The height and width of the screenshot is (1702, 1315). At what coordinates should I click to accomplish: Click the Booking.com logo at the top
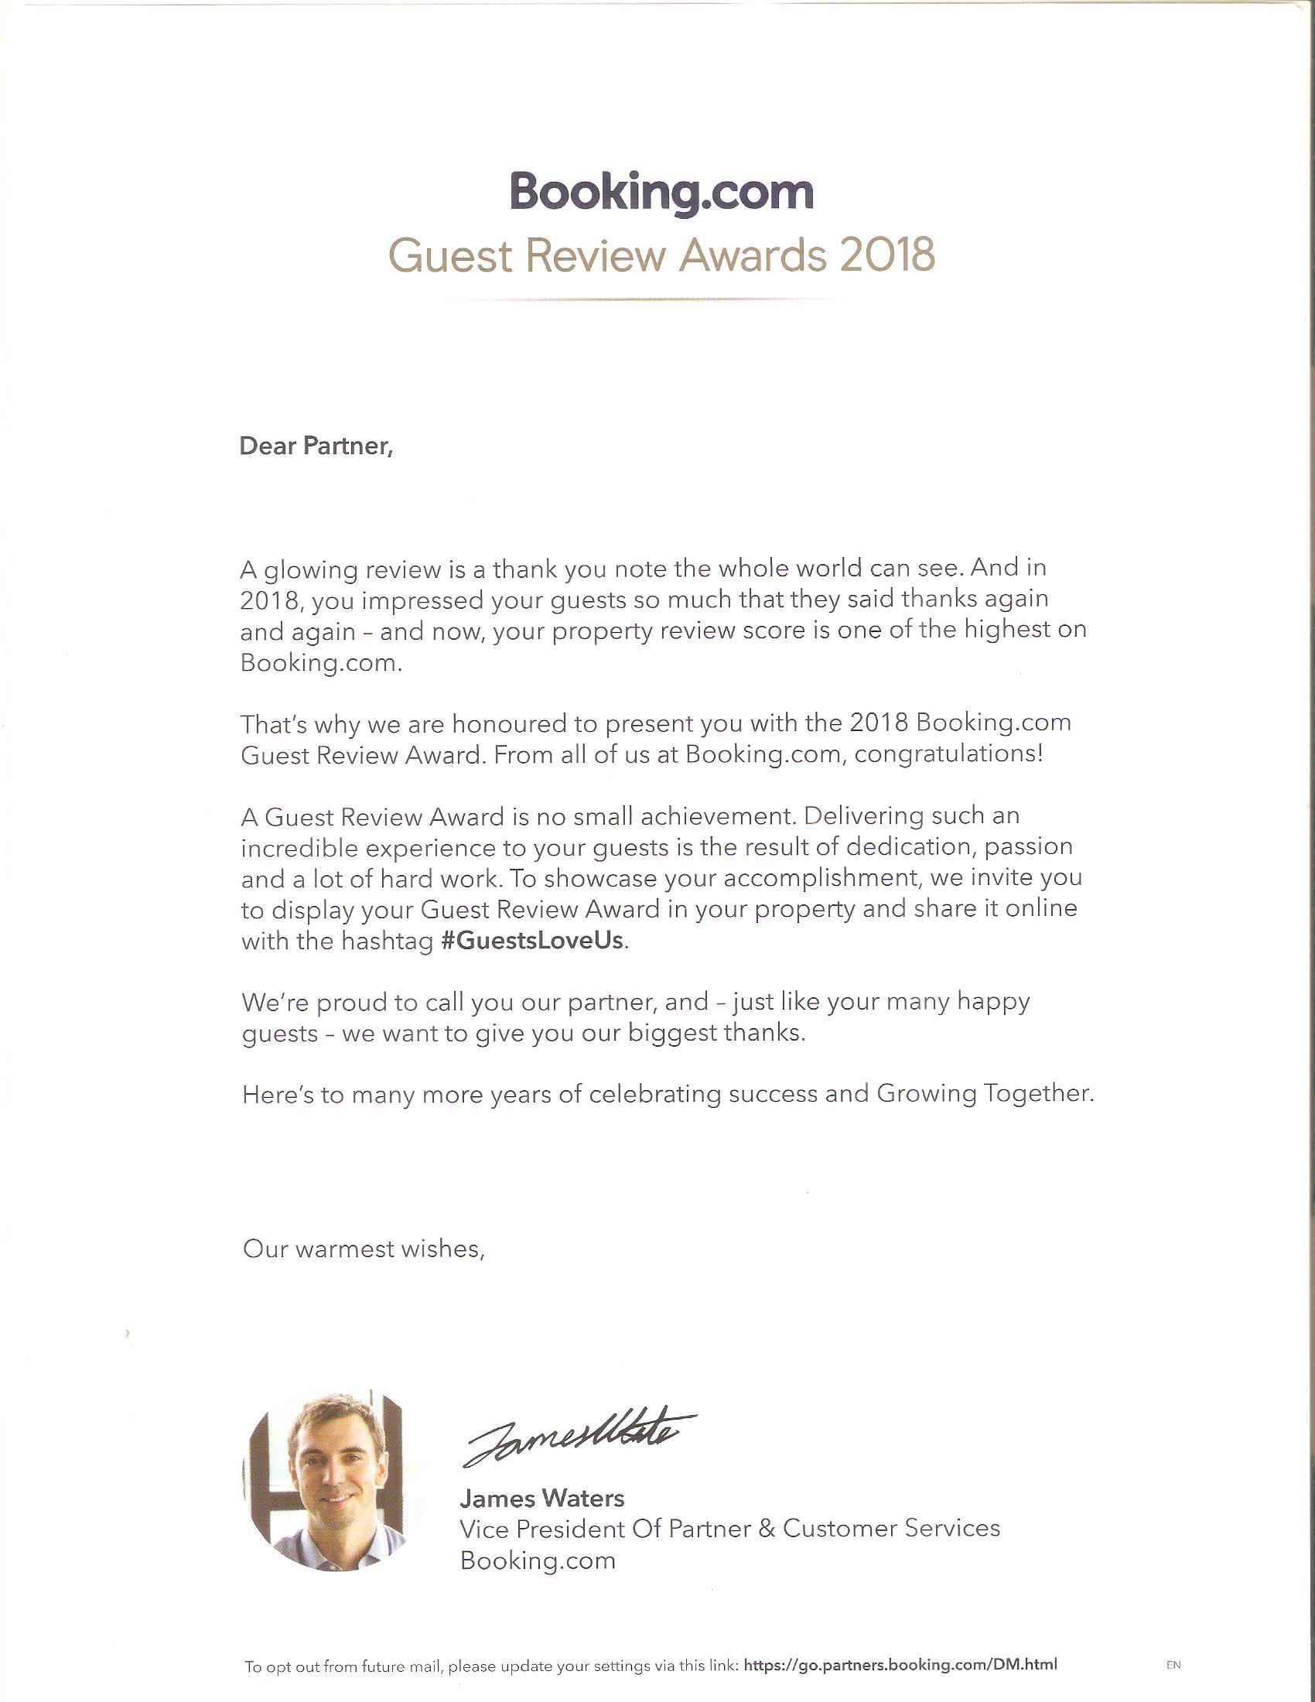click(661, 192)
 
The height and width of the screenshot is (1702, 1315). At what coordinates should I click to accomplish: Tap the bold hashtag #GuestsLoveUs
click(533, 941)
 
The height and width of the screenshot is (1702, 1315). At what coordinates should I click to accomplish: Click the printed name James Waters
click(542, 1498)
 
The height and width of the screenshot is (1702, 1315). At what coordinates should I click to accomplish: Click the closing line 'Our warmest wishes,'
click(364, 1249)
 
